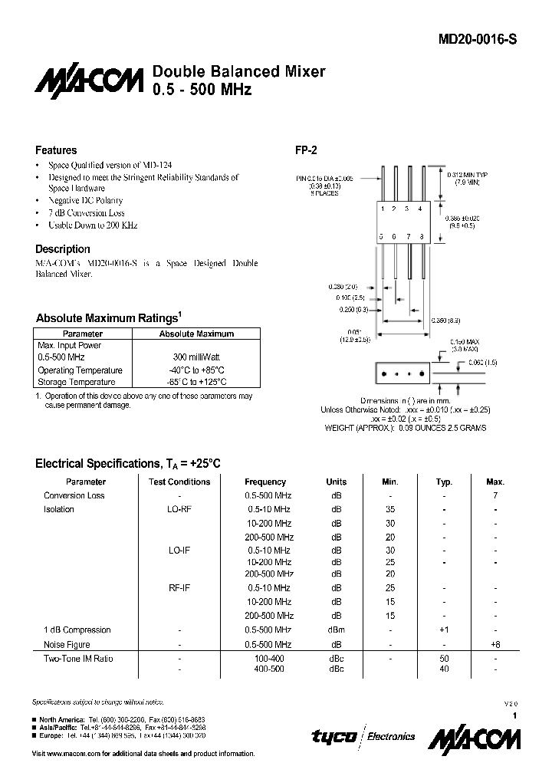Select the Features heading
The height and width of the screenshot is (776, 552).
click(x=56, y=150)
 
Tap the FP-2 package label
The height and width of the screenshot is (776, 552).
click(x=307, y=151)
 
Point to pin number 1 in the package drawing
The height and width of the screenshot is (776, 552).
click(x=384, y=209)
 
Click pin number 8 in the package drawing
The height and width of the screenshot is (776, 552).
click(x=422, y=236)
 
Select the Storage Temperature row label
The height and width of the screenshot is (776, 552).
click(x=77, y=382)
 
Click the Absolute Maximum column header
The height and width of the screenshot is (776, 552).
click(x=196, y=334)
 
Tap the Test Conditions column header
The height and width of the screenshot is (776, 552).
click(x=179, y=482)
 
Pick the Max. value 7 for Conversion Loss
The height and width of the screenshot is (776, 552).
click(x=495, y=495)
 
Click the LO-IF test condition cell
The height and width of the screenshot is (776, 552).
click(x=179, y=550)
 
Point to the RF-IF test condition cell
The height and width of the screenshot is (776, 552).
click(x=179, y=589)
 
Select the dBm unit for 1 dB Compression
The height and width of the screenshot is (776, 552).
click(x=336, y=630)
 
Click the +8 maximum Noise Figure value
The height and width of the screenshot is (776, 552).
click(x=495, y=645)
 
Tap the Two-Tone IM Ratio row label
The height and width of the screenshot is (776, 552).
click(x=77, y=659)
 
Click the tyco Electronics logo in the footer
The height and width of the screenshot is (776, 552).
click(x=363, y=736)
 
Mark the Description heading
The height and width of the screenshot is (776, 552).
click(x=63, y=249)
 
